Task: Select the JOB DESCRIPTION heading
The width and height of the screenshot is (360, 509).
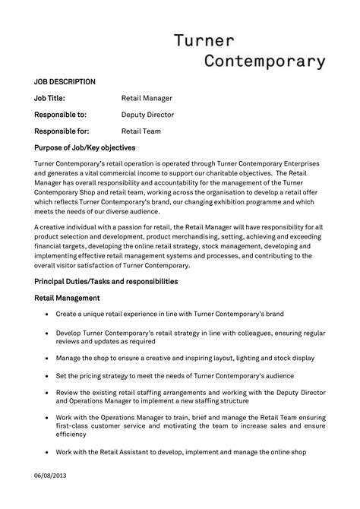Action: tap(65, 81)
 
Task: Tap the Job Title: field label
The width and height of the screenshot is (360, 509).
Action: tap(50, 98)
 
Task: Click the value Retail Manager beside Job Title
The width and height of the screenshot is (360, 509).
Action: tap(147, 98)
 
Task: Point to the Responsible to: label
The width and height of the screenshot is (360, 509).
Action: tap(61, 115)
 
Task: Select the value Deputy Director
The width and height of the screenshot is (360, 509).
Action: tap(147, 115)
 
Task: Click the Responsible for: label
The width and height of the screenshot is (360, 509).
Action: tap(62, 131)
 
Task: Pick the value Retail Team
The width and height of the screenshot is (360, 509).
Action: tap(141, 131)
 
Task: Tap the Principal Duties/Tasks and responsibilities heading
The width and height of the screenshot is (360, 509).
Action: tap(106, 281)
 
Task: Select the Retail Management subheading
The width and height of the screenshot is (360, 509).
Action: tap(67, 298)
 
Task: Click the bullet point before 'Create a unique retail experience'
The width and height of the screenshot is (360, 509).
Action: tap(48, 313)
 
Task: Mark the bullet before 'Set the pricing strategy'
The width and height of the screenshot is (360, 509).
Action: tap(48, 376)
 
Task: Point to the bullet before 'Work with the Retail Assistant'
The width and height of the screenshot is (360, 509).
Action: tap(48, 453)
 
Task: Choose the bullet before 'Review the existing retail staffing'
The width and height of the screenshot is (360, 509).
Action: tap(48, 392)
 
